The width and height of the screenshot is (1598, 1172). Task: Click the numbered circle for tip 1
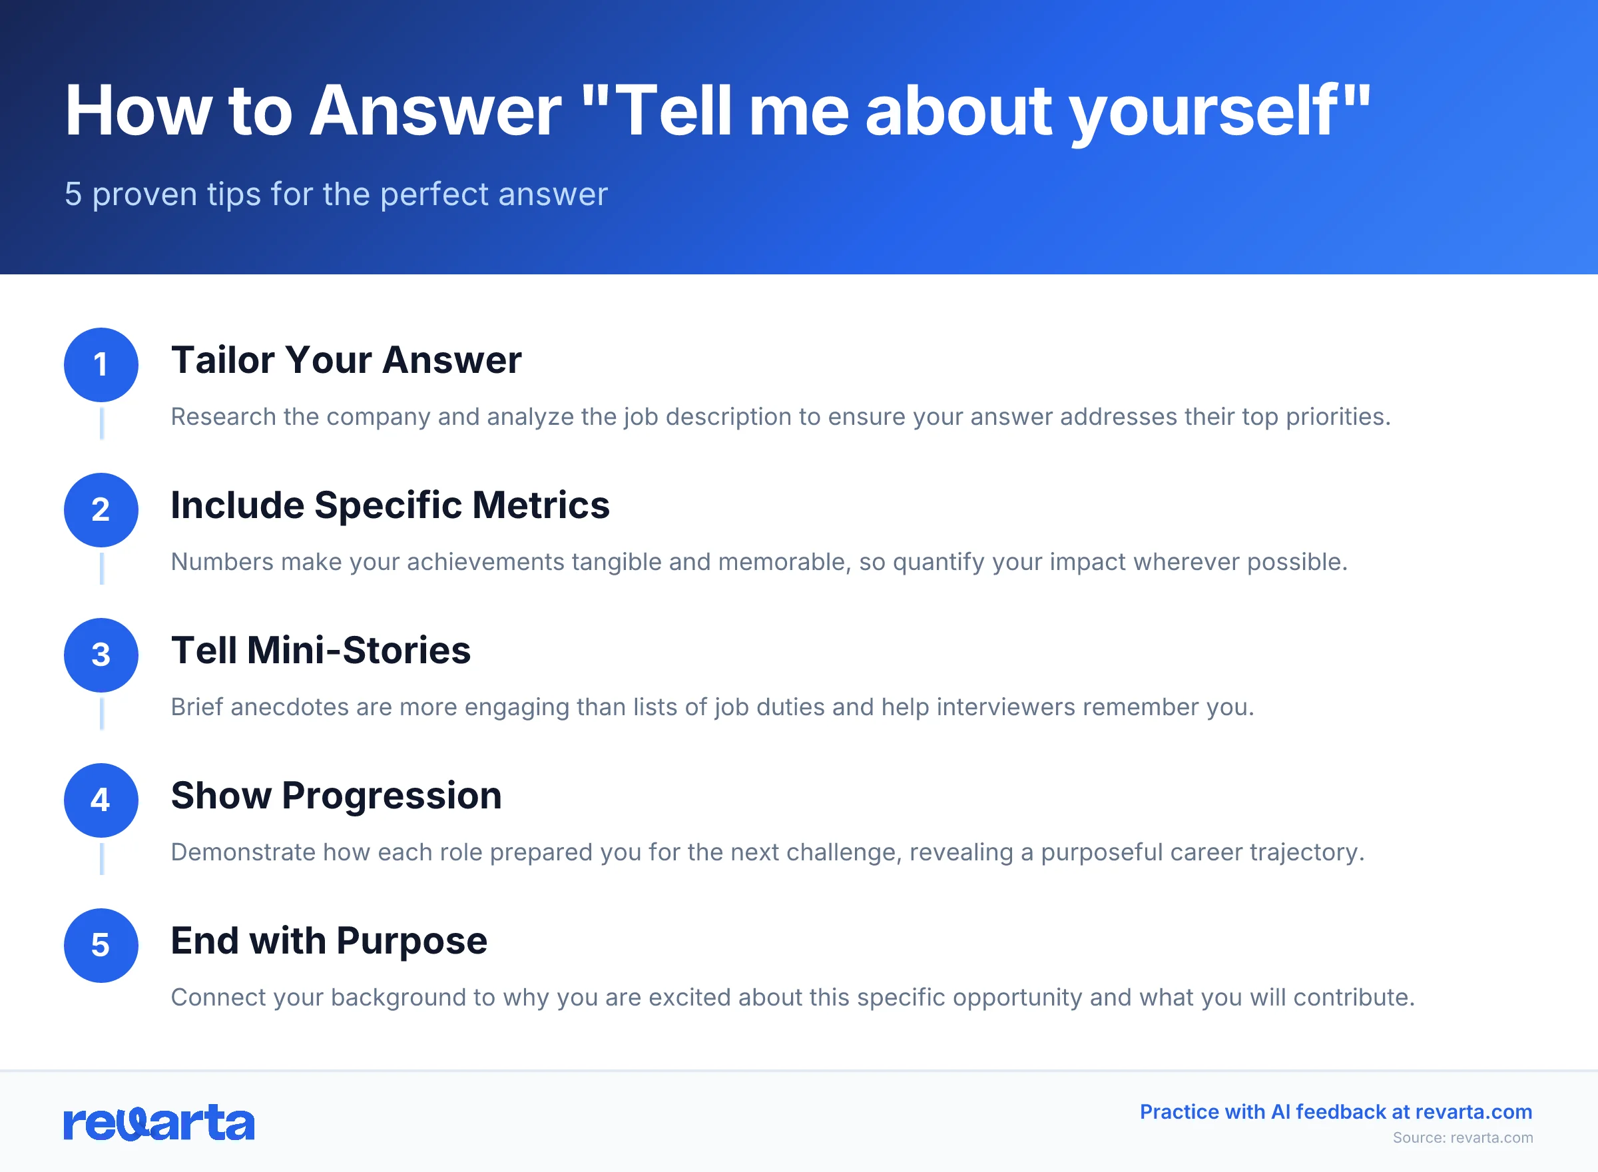tap(101, 365)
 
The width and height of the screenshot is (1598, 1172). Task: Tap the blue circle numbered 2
tap(101, 509)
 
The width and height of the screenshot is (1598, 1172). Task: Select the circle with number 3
tap(101, 655)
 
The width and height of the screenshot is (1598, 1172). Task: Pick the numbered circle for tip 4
tap(101, 800)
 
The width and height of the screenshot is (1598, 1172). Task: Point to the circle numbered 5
tap(101, 945)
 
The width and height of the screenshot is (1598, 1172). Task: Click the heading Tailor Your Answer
tap(346, 360)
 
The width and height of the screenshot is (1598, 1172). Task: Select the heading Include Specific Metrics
tap(390, 505)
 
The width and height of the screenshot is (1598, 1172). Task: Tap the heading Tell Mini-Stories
tap(320, 651)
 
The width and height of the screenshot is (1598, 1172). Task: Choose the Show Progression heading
tap(336, 795)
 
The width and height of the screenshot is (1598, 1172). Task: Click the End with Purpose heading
tap(329, 941)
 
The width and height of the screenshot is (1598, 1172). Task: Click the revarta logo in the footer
tap(159, 1122)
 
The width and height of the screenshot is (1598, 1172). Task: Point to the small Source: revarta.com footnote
tap(1463, 1138)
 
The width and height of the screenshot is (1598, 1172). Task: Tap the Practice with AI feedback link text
tap(1336, 1111)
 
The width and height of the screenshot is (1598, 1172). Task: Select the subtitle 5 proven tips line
tap(336, 194)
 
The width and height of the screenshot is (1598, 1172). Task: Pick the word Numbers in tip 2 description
tap(222, 562)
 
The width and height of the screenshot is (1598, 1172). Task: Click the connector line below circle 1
tap(101, 424)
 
